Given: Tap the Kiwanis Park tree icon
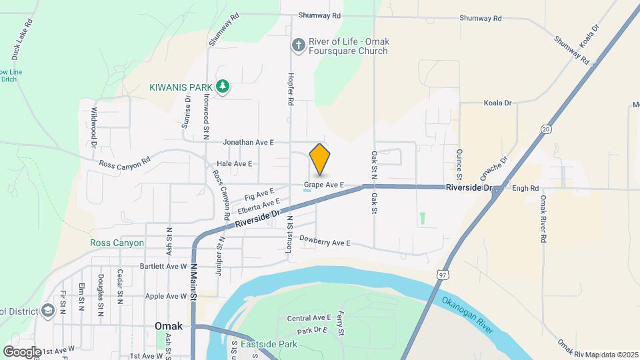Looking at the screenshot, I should [x=223, y=87].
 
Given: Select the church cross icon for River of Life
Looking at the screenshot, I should [x=298, y=45].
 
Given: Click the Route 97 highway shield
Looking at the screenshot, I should [x=443, y=274].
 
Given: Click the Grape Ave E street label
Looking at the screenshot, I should [x=323, y=184].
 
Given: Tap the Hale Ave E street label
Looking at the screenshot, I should [x=234, y=163].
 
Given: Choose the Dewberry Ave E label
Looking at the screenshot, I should [x=325, y=241].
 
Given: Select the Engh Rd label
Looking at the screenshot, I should [x=525, y=189].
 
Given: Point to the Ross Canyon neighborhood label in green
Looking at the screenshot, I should [x=117, y=243].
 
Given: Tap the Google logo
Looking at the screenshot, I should [x=22, y=351].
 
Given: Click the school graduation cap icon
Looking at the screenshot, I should [x=48, y=311].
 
